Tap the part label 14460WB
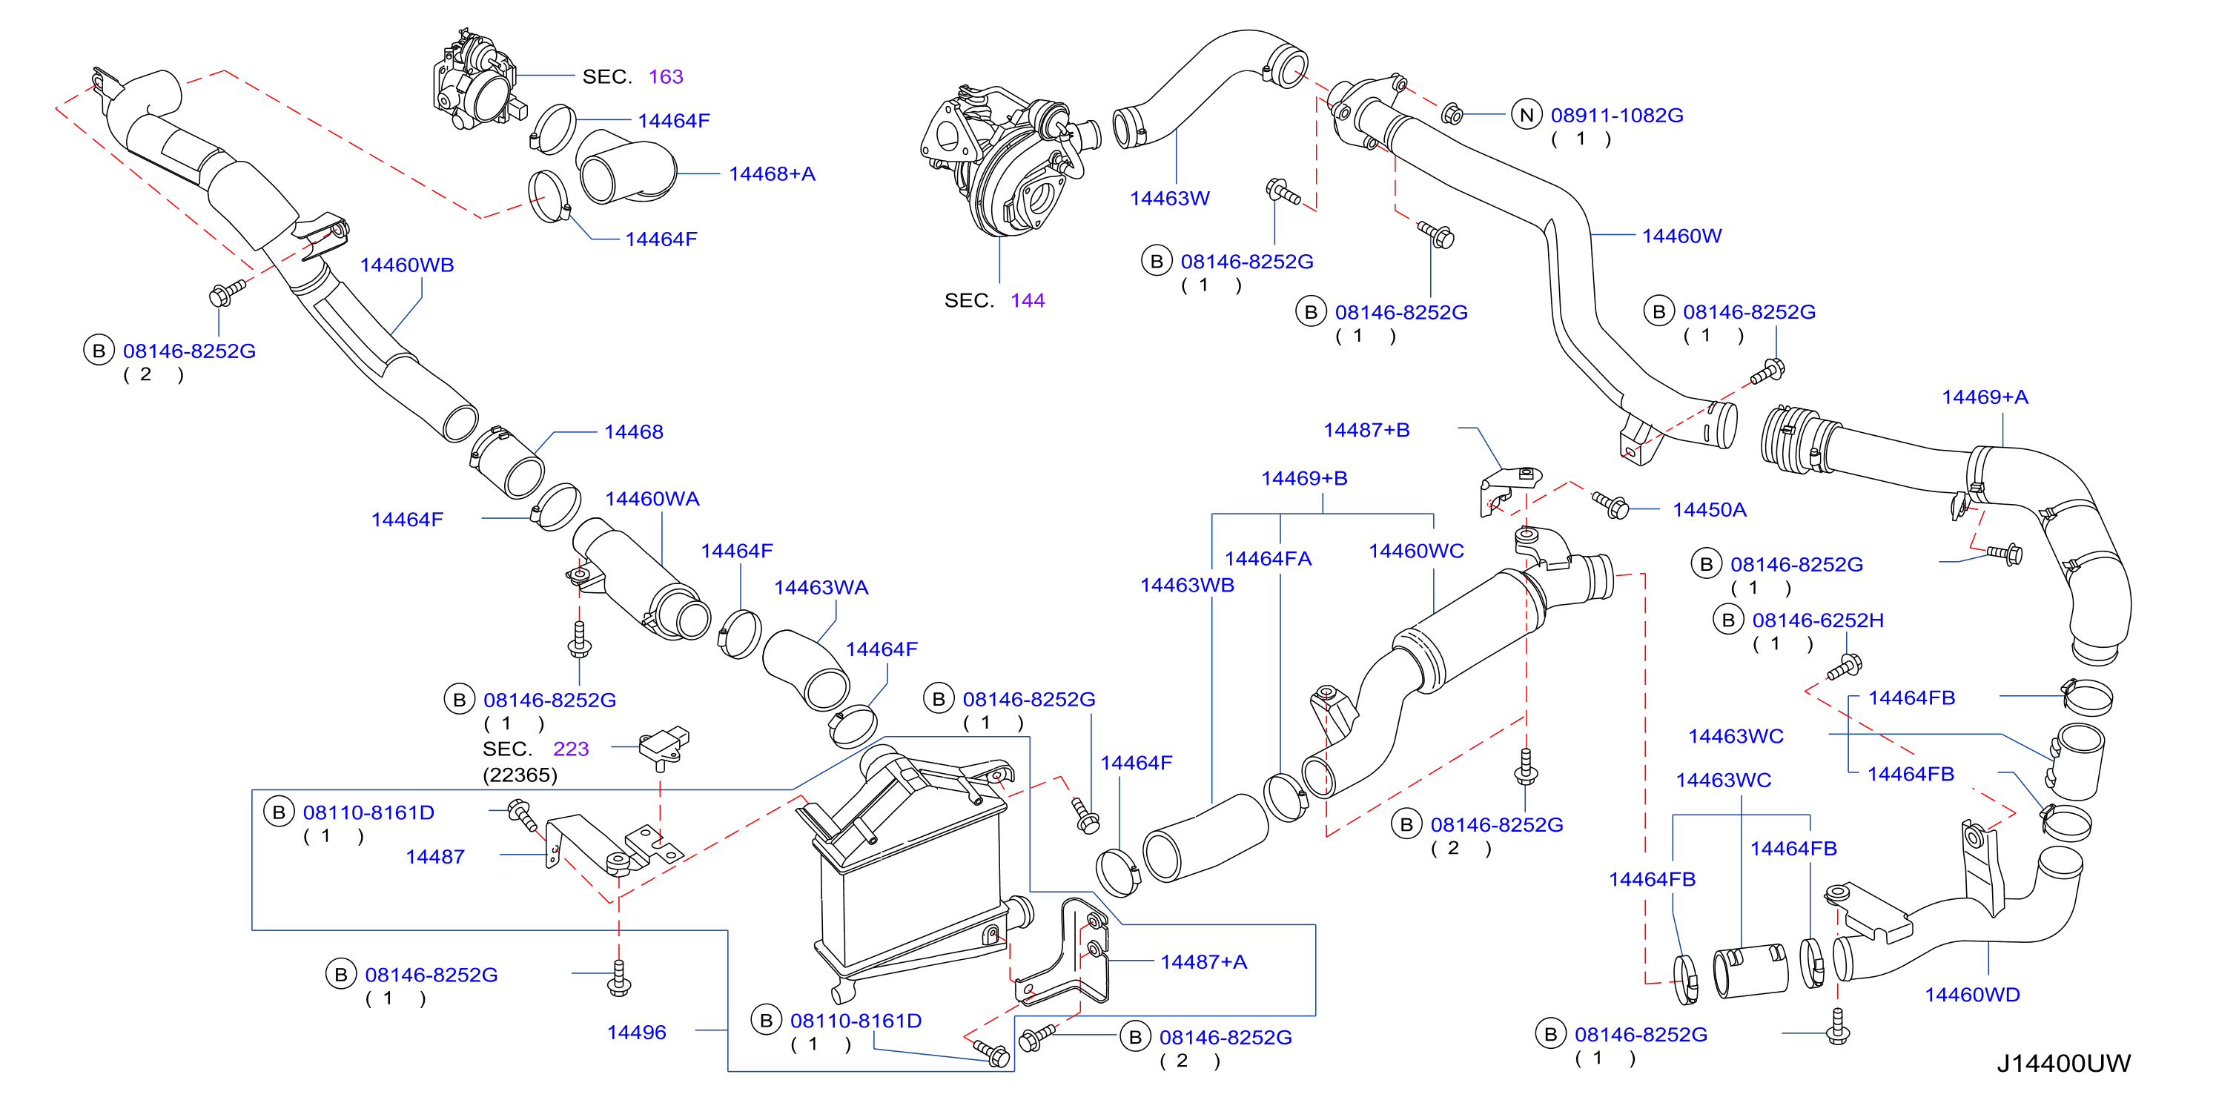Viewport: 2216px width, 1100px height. [407, 265]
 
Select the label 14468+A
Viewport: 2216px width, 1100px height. [772, 173]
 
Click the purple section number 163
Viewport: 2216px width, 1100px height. [666, 76]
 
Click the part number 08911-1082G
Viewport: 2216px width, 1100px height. [1616, 115]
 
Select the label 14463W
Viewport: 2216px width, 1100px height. [1169, 199]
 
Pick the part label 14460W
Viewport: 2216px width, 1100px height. [1681, 236]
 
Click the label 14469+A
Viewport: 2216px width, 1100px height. [1985, 397]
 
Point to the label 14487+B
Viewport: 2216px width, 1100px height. [1366, 430]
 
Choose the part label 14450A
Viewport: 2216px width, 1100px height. [1710, 510]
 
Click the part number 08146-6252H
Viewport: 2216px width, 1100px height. [1818, 620]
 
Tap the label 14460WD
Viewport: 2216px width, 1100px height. [1971, 995]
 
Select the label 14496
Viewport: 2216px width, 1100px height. [637, 1032]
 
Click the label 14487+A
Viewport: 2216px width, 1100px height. [1203, 961]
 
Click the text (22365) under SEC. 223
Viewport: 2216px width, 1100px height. [520, 775]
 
